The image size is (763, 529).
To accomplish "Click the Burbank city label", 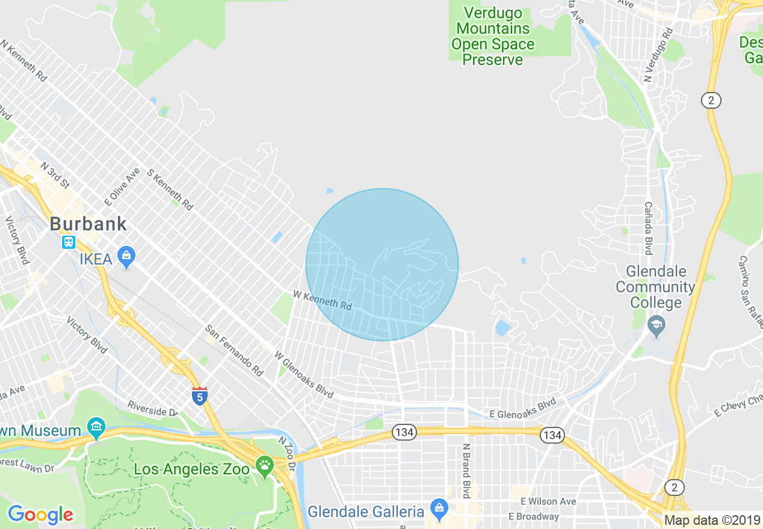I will pos(88,224).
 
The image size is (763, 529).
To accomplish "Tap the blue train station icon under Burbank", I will pos(69,242).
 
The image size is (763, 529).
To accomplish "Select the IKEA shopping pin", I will pos(126,256).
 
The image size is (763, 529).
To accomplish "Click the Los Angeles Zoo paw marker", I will pos(264,465).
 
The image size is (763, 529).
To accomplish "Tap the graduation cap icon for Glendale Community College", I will pos(656,326).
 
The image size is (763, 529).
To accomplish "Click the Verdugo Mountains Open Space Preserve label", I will pos(493,36).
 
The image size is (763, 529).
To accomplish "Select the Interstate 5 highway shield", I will pos(200,396).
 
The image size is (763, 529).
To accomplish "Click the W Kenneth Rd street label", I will pos(323,300).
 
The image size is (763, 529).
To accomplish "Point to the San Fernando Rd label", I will pos(234,350).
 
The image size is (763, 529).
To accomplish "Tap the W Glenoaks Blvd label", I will pos(304,375).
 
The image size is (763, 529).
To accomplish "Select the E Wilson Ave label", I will pos(548,501).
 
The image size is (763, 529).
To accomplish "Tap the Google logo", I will pos(40,515).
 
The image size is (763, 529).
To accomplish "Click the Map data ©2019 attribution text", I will pos(712,520).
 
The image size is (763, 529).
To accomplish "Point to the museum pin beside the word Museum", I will pos(96,428).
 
